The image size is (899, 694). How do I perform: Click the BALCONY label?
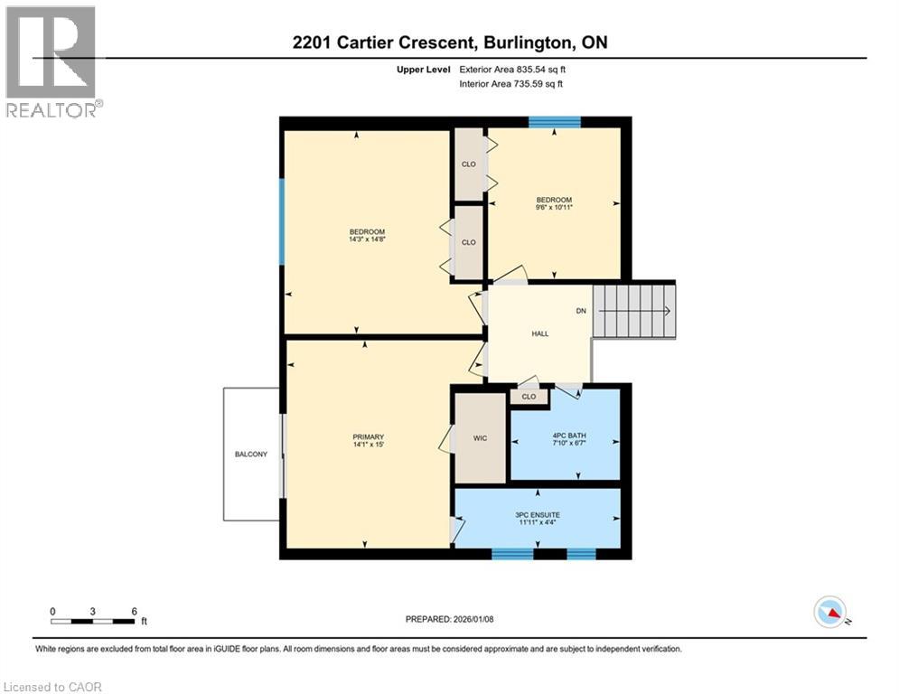(x=251, y=455)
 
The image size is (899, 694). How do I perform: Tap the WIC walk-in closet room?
(x=480, y=438)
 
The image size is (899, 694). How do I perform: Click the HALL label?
(x=539, y=333)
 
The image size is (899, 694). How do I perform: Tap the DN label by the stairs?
(x=582, y=311)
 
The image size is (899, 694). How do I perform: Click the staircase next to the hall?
(x=635, y=311)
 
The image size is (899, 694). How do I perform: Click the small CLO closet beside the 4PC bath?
(x=529, y=396)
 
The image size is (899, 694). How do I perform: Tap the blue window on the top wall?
(x=554, y=122)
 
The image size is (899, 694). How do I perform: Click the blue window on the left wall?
(x=282, y=221)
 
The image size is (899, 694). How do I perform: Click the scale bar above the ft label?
(x=94, y=621)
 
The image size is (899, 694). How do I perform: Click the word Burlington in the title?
(x=526, y=42)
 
